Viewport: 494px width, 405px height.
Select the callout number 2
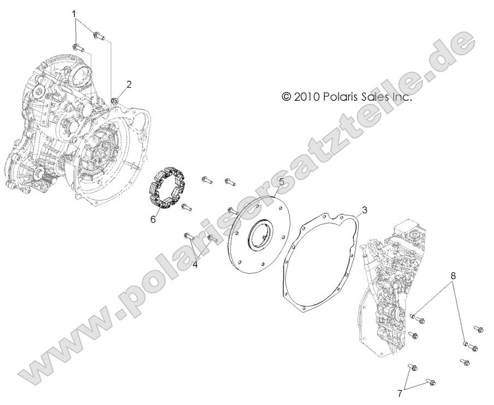point(129,84)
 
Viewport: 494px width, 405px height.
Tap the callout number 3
point(364,210)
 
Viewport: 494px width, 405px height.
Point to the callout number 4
point(195,263)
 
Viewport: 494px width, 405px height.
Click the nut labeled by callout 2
point(115,100)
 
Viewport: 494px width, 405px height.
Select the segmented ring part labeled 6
point(167,189)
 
